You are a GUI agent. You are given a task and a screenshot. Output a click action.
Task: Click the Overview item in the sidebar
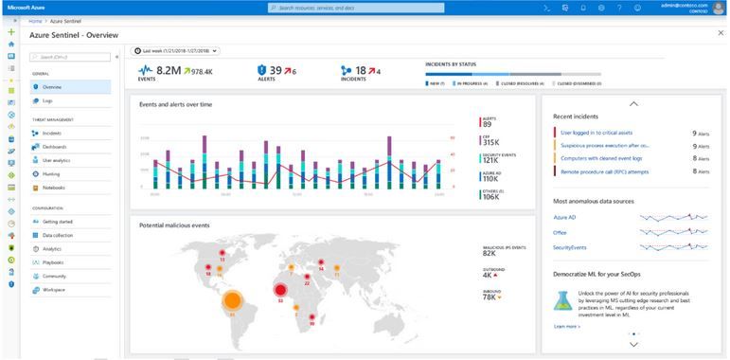coord(53,86)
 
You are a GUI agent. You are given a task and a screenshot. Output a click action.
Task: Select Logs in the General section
coord(47,99)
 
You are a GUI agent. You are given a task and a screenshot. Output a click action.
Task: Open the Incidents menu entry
coord(52,134)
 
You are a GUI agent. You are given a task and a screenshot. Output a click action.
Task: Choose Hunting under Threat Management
coord(51,174)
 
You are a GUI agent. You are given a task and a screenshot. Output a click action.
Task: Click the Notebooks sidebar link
coord(54,188)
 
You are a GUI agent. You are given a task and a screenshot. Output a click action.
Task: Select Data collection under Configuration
coord(57,235)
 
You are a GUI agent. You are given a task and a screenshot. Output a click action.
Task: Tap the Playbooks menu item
coord(53,262)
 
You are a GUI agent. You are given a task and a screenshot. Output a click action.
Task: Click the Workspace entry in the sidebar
coord(54,290)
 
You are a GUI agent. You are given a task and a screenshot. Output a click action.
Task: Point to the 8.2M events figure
coord(169,69)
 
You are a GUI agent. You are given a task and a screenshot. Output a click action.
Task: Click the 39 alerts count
coord(276,69)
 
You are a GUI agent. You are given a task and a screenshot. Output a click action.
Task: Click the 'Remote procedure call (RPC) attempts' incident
coord(605,171)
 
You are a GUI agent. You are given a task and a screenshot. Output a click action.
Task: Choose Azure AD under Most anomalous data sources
coord(565,218)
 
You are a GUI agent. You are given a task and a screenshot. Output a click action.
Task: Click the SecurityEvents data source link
coord(570,247)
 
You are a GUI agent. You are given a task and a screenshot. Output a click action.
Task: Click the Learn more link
coord(566,326)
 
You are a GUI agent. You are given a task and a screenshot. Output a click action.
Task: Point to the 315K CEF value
coord(491,143)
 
